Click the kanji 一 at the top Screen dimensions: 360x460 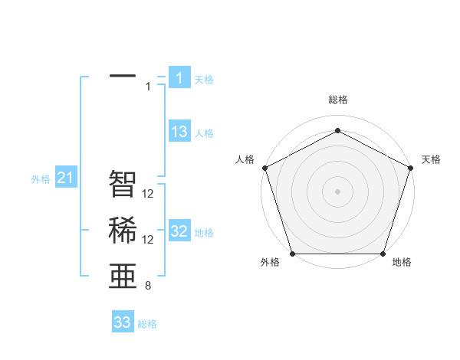tap(123, 77)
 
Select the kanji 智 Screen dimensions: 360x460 tap(123, 184)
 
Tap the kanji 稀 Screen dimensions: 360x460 tap(123, 231)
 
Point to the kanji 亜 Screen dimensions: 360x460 tap(123, 277)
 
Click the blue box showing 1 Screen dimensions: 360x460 tap(179, 78)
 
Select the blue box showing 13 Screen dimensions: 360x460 tap(179, 132)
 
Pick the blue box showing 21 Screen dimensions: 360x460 tap(66, 178)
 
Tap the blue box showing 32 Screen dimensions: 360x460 tap(179, 231)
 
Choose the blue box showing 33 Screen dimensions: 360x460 tap(123, 322)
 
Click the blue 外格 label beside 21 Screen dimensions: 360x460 tap(41, 179)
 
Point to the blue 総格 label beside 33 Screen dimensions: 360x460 tap(147, 324)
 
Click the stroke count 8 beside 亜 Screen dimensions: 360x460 tap(147, 286)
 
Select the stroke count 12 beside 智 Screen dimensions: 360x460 tap(149, 194)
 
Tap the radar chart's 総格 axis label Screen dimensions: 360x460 tap(338, 100)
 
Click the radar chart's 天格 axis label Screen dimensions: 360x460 tap(431, 159)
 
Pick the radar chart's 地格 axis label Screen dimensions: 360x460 tap(402, 263)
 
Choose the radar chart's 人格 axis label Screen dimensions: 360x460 tap(245, 159)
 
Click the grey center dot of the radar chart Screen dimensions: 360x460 tap(338, 191)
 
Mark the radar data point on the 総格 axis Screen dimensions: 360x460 tap(338, 130)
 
